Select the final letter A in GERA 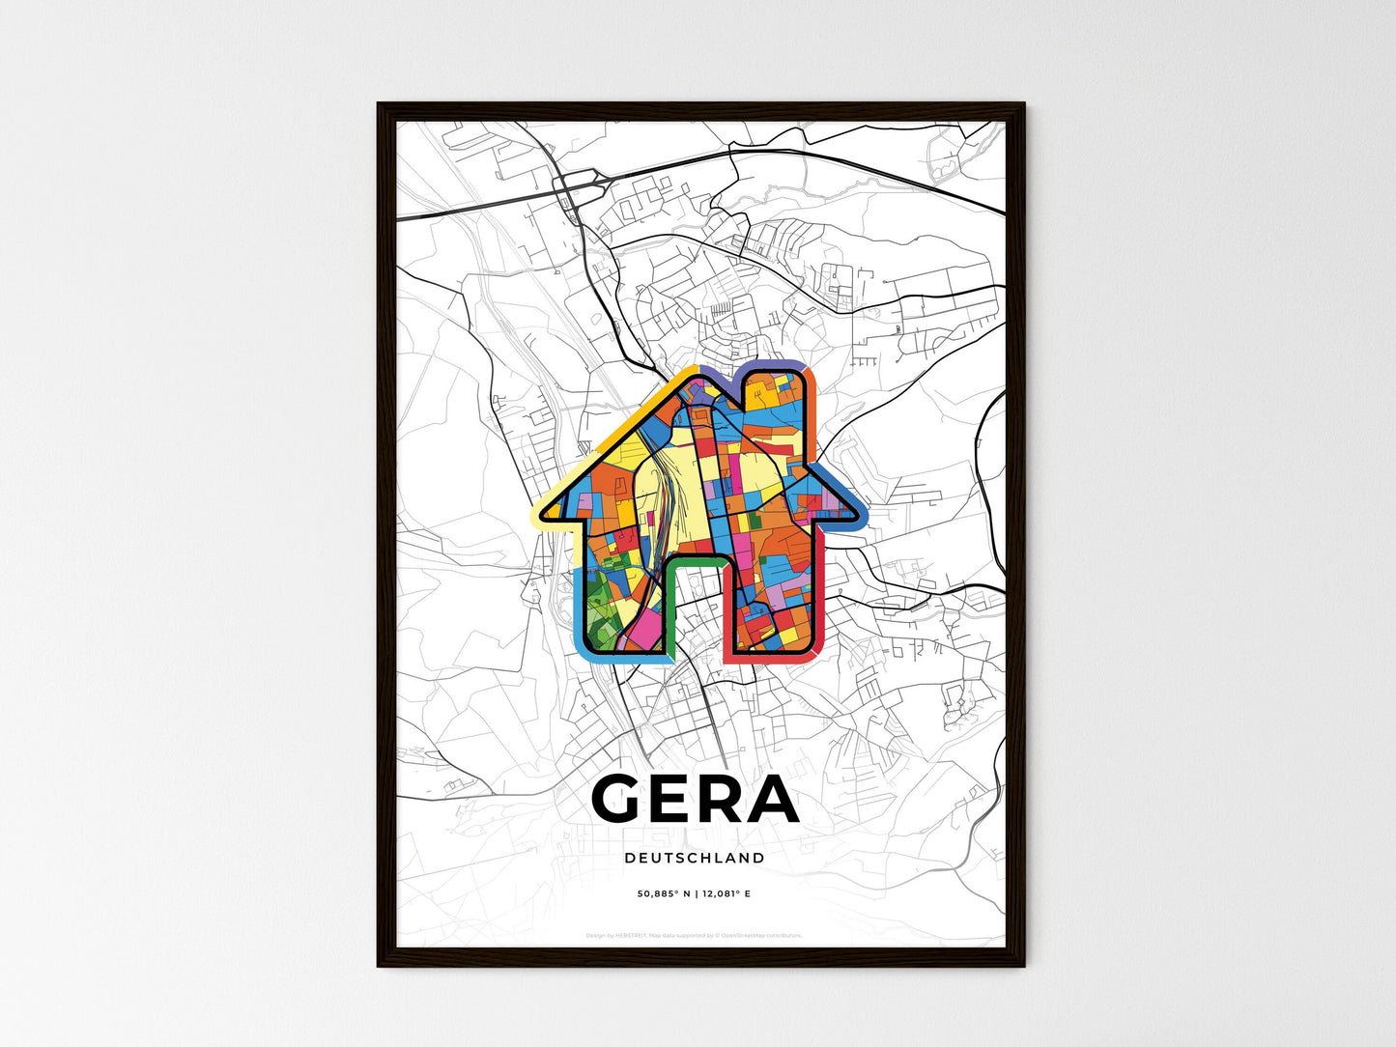pyautogui.click(x=773, y=800)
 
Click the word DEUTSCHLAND pyautogui.click(x=694, y=858)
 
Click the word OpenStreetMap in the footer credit pyautogui.click(x=748, y=935)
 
